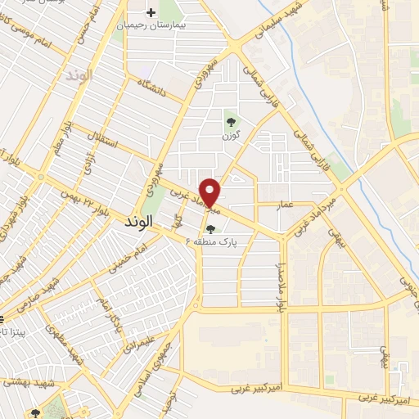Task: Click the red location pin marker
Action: [210, 192]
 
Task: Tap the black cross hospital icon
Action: [151, 12]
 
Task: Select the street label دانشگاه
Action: [152, 89]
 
